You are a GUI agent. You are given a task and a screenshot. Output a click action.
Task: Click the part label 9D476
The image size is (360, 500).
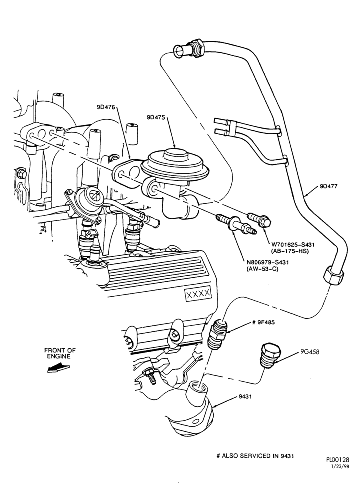(106, 107)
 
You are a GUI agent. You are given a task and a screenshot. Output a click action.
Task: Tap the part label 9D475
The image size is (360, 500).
(156, 117)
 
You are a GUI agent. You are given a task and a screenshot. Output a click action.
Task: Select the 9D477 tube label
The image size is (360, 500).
(329, 186)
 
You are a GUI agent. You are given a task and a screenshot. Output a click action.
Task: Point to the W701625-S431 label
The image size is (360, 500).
(293, 245)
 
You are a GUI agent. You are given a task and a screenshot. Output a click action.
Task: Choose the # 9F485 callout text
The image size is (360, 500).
(263, 322)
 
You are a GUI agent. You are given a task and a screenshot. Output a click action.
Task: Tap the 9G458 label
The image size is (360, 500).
(310, 352)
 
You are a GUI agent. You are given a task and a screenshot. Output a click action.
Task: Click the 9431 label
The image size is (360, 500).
(245, 397)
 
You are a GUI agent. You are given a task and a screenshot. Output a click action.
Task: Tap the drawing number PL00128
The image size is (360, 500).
(337, 460)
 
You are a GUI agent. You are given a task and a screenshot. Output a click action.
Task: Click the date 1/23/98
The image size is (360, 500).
(341, 466)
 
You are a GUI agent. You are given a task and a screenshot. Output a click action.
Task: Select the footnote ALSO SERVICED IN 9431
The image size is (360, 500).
(257, 456)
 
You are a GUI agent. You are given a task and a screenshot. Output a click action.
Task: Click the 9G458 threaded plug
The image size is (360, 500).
(270, 356)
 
